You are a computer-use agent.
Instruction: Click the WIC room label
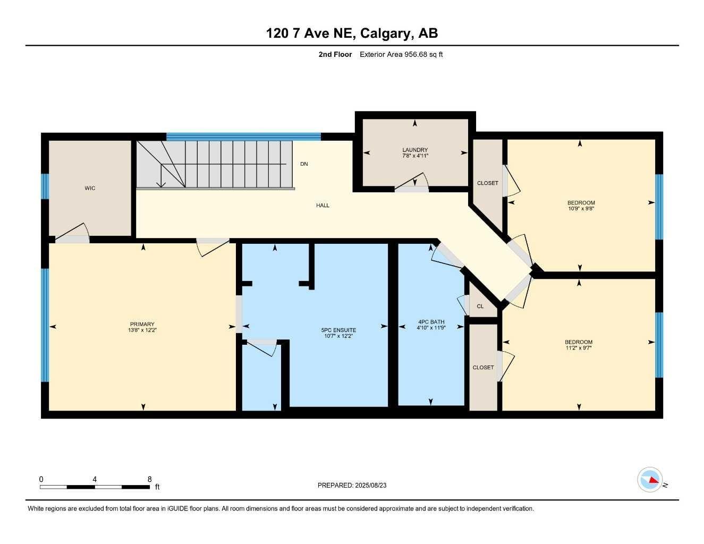pyautogui.click(x=90, y=188)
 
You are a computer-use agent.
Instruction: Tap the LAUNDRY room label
pyautogui.click(x=414, y=150)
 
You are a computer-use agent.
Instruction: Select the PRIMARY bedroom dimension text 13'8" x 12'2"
pyautogui.click(x=142, y=330)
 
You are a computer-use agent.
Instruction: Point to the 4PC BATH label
pyautogui.click(x=431, y=322)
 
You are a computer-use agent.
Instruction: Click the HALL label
pyautogui.click(x=323, y=206)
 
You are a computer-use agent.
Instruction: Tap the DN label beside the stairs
pyautogui.click(x=304, y=164)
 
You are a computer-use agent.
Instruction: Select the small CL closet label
pyautogui.click(x=480, y=307)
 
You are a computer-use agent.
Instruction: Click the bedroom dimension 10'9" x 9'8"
pyautogui.click(x=581, y=209)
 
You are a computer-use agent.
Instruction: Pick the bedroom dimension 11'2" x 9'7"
pyautogui.click(x=579, y=348)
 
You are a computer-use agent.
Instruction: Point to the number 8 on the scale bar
pyautogui.click(x=150, y=479)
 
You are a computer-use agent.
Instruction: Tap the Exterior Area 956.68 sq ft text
pyautogui.click(x=401, y=54)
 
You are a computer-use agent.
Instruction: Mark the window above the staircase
pyautogui.click(x=243, y=137)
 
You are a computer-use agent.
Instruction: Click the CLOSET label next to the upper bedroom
pyautogui.click(x=487, y=183)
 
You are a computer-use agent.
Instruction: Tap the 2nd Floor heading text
pyautogui.click(x=335, y=54)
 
